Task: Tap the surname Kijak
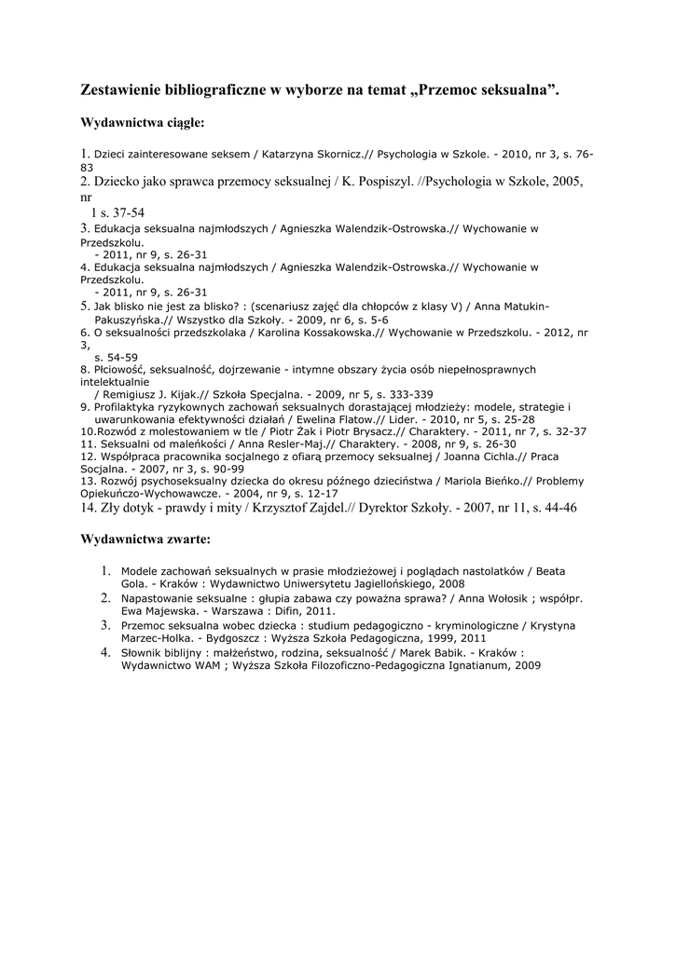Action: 191,394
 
